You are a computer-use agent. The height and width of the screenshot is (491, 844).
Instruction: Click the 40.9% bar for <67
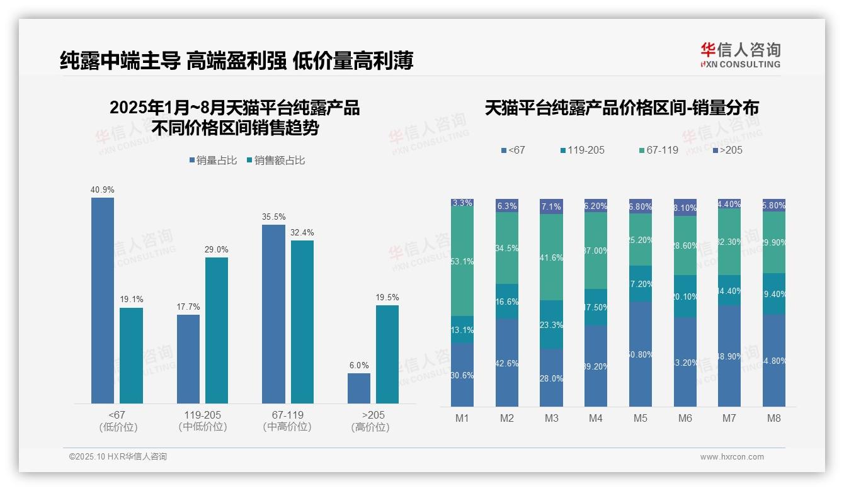(103, 300)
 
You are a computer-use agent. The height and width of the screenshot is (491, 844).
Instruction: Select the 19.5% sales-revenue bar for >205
(387, 354)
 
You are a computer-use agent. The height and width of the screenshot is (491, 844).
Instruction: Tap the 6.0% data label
(359, 365)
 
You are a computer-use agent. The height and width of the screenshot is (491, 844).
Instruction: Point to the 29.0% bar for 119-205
(217, 330)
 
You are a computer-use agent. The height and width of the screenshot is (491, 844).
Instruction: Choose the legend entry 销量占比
(213, 161)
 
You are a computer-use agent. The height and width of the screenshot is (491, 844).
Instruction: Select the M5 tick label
(641, 419)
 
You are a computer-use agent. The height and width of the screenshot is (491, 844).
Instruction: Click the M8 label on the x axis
(774, 419)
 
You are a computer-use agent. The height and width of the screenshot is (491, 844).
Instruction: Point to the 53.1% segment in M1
(462, 261)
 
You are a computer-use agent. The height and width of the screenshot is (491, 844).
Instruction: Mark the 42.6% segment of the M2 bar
(507, 363)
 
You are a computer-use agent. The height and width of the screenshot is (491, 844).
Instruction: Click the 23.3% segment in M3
(551, 325)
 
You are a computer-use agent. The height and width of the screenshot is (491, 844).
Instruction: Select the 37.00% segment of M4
(596, 251)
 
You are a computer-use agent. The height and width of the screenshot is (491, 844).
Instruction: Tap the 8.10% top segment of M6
(685, 208)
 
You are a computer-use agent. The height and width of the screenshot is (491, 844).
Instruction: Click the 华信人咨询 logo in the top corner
(740, 55)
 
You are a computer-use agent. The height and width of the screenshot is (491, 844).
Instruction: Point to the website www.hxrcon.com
(732, 457)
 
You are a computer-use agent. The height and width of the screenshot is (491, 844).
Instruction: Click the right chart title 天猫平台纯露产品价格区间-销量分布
(622, 108)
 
